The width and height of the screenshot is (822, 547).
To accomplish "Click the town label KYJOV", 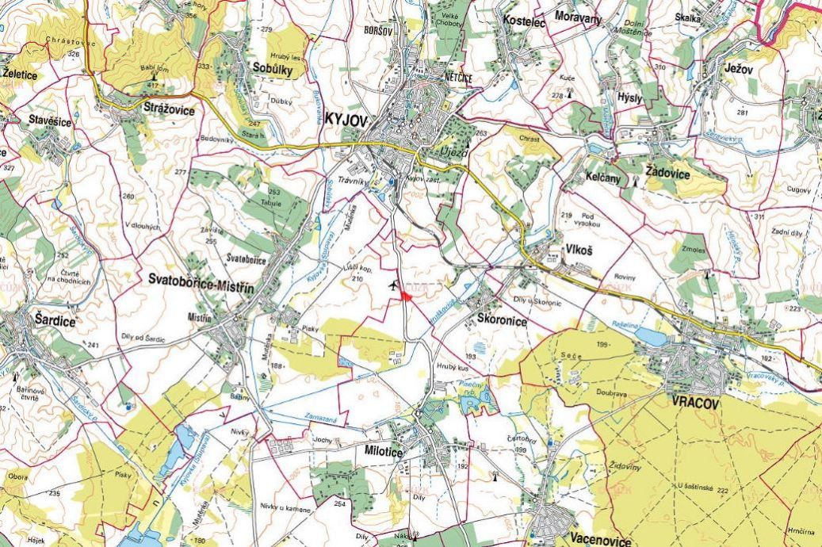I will point(346,119).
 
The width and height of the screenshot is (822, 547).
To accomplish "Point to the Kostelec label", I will point(524,23).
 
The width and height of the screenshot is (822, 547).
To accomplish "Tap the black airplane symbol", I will point(393,284).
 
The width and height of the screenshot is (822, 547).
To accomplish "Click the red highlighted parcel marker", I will point(405,295).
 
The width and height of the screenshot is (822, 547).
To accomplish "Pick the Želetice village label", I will point(20,75).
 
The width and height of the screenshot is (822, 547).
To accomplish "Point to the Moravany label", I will point(578,17).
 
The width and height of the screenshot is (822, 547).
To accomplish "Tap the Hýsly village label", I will point(629,97).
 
